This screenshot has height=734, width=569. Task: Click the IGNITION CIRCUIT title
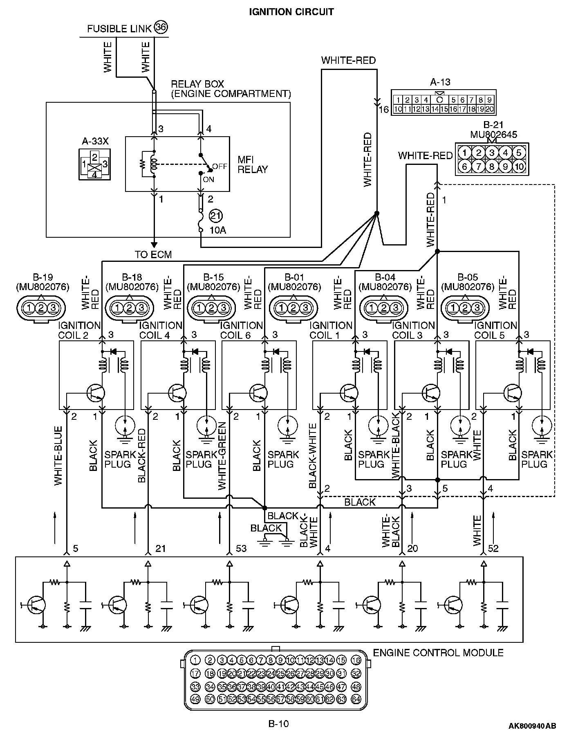pos(291,12)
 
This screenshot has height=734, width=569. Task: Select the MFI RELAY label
pos(253,164)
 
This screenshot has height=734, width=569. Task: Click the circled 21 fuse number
pos(215,216)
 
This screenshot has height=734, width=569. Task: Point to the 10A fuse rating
pos(217,230)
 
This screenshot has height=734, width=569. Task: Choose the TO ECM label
pos(153,254)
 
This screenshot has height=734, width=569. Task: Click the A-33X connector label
pos(95,142)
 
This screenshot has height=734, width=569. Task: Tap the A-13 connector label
pos(440,82)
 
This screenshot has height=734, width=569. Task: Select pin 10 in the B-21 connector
pos(519,167)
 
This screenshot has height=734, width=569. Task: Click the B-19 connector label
pos(43,277)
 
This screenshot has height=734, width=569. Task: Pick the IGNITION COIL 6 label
pos(242,330)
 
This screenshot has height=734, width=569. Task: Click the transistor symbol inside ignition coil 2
pos(96,394)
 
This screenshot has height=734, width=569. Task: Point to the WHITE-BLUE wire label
pos(58,456)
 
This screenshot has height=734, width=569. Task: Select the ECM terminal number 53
pos(241,548)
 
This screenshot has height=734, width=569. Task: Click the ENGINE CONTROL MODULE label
pos(438,653)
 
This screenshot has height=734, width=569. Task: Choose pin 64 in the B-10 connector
pos(356,699)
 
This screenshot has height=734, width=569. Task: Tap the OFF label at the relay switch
pos(220,167)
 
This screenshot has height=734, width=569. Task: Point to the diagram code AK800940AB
pos(532,726)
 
